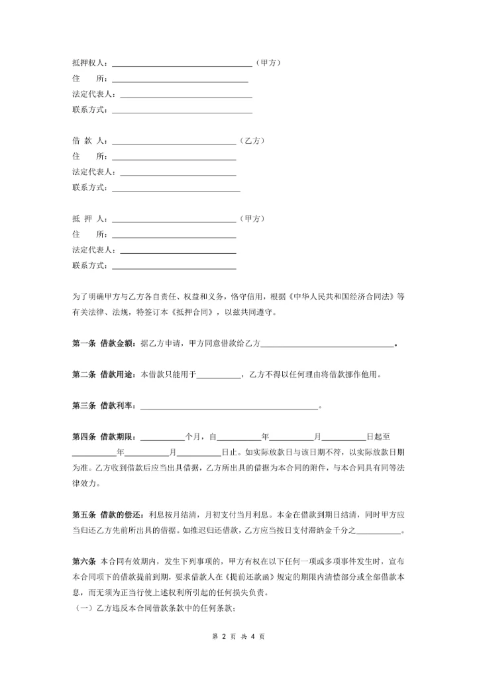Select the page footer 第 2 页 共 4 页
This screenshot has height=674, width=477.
(x=238, y=636)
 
